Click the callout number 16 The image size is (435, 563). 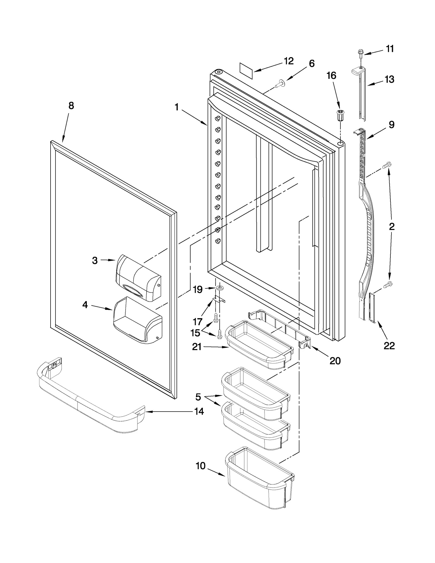pyautogui.click(x=331, y=75)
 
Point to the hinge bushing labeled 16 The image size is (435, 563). pyautogui.click(x=340, y=116)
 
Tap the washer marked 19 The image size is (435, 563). pyautogui.click(x=219, y=288)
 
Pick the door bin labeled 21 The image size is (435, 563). pyautogui.click(x=259, y=345)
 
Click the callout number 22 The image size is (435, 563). pyautogui.click(x=389, y=346)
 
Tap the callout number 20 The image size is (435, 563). pyautogui.click(x=335, y=361)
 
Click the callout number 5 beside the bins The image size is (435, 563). pyautogui.click(x=198, y=397)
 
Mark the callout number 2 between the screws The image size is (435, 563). pyautogui.click(x=391, y=226)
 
